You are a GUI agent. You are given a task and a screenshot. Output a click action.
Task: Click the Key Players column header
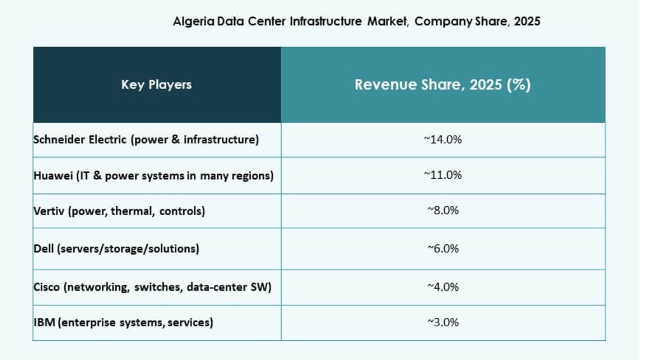157,85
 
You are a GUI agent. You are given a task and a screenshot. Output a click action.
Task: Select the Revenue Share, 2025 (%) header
443,85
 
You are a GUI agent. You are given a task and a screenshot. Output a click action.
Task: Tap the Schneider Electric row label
146,140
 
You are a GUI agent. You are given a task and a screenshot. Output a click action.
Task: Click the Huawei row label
153,176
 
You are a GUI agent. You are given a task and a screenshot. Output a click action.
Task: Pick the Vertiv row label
119,211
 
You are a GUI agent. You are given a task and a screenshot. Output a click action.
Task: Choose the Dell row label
116,249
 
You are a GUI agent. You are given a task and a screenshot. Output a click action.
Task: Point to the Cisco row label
152,287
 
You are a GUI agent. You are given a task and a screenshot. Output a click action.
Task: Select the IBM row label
123,322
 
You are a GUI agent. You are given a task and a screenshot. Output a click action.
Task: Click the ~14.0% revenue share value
443,140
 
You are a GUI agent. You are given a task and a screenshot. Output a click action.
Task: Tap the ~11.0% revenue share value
443,175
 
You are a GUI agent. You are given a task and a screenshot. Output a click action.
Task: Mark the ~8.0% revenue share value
443,211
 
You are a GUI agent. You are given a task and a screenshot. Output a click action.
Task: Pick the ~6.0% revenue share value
443,249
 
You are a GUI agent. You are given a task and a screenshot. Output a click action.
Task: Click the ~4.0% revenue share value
443,287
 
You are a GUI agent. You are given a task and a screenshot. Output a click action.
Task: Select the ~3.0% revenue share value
443,322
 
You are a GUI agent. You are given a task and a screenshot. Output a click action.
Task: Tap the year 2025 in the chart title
527,21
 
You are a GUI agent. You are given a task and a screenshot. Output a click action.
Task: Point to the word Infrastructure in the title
326,21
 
